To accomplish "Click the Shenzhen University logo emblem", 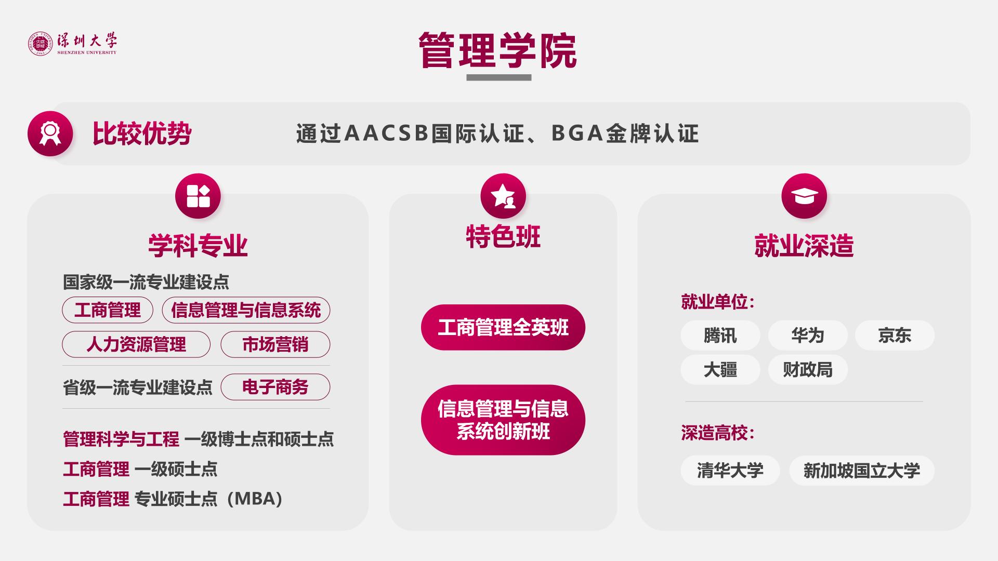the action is [x=41, y=44].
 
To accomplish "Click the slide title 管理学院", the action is [x=498, y=50].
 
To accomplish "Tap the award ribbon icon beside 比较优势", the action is [x=50, y=133].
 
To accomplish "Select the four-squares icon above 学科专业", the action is [x=198, y=196].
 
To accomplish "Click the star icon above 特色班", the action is [x=503, y=196].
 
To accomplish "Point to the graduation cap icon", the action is [x=804, y=196].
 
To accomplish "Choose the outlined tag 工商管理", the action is [x=108, y=310].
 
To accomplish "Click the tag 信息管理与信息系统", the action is [x=246, y=310].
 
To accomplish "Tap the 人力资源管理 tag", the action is [x=136, y=344].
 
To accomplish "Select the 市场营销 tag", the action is [x=275, y=344].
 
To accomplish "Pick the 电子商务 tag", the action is [x=275, y=387].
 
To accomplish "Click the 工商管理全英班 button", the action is [x=503, y=327].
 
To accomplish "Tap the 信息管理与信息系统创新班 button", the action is [x=503, y=420].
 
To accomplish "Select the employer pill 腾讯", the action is [x=720, y=336].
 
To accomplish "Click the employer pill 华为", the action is [x=808, y=336].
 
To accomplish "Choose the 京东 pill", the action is [x=895, y=336].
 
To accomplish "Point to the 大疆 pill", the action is [x=720, y=370].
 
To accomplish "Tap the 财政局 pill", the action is [x=808, y=370].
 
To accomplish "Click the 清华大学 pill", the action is [x=730, y=471].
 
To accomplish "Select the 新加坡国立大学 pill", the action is [x=862, y=471].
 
